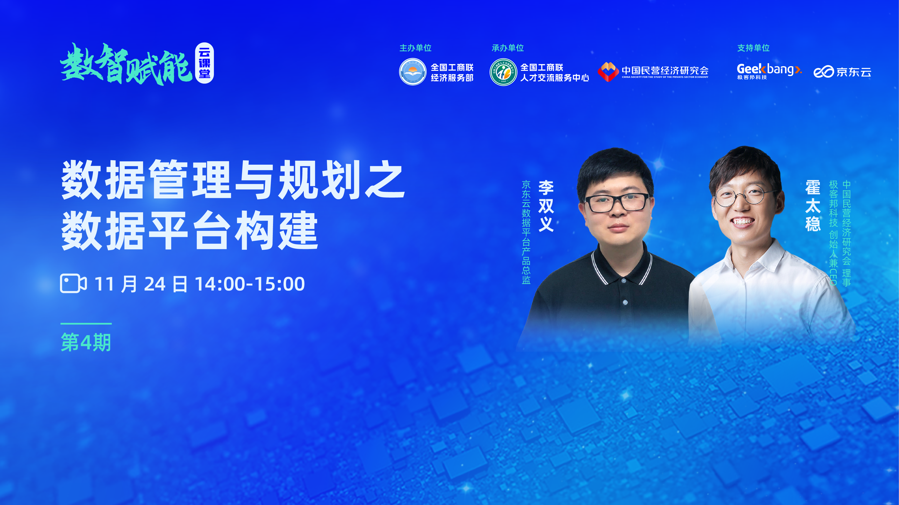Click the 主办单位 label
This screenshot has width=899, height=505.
pos(415,48)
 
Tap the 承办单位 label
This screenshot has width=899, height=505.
pos(508,48)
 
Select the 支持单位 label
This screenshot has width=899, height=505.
pos(753,48)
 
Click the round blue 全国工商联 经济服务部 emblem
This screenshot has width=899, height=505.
pos(413,72)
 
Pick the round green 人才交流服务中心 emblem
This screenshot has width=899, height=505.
pos(503,72)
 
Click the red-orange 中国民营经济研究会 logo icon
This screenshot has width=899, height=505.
pos(608,72)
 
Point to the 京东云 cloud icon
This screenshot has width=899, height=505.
pos(824,72)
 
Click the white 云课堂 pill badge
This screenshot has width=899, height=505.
pos(204,63)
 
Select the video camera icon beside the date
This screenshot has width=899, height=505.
pos(73,283)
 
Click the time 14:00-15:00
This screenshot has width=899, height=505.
pos(250,284)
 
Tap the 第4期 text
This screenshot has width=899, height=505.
pos(86,342)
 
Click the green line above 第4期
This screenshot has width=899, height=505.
pos(86,324)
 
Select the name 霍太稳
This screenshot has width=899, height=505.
pos(813,206)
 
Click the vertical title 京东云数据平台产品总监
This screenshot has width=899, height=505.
pos(526,232)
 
